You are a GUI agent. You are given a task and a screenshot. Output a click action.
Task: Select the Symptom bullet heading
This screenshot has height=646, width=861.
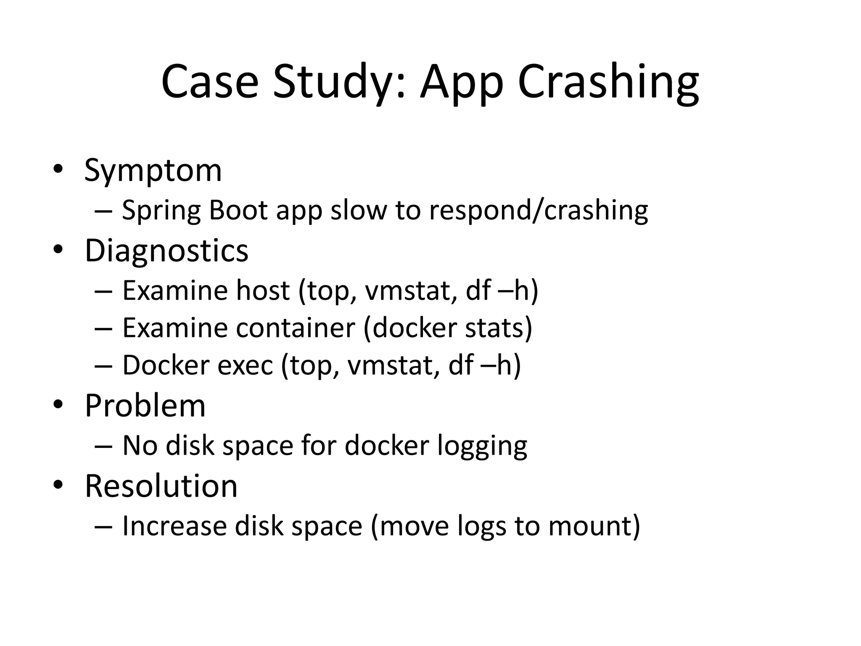pos(153,170)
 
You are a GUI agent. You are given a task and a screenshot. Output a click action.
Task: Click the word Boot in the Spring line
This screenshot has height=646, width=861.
pos(238,210)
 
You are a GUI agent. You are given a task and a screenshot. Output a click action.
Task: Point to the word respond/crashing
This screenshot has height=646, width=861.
pos(538,210)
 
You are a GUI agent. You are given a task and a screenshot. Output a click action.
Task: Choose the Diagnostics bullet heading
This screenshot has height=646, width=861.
pos(166,251)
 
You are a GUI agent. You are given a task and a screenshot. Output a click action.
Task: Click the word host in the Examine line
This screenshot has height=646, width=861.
pos(263,290)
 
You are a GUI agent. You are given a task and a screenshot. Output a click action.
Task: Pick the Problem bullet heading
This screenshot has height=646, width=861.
pos(145,406)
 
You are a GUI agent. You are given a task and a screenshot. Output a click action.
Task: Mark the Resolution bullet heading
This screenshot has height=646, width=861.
pos(161,486)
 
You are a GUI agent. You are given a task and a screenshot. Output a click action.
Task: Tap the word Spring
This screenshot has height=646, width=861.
pos(161,210)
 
